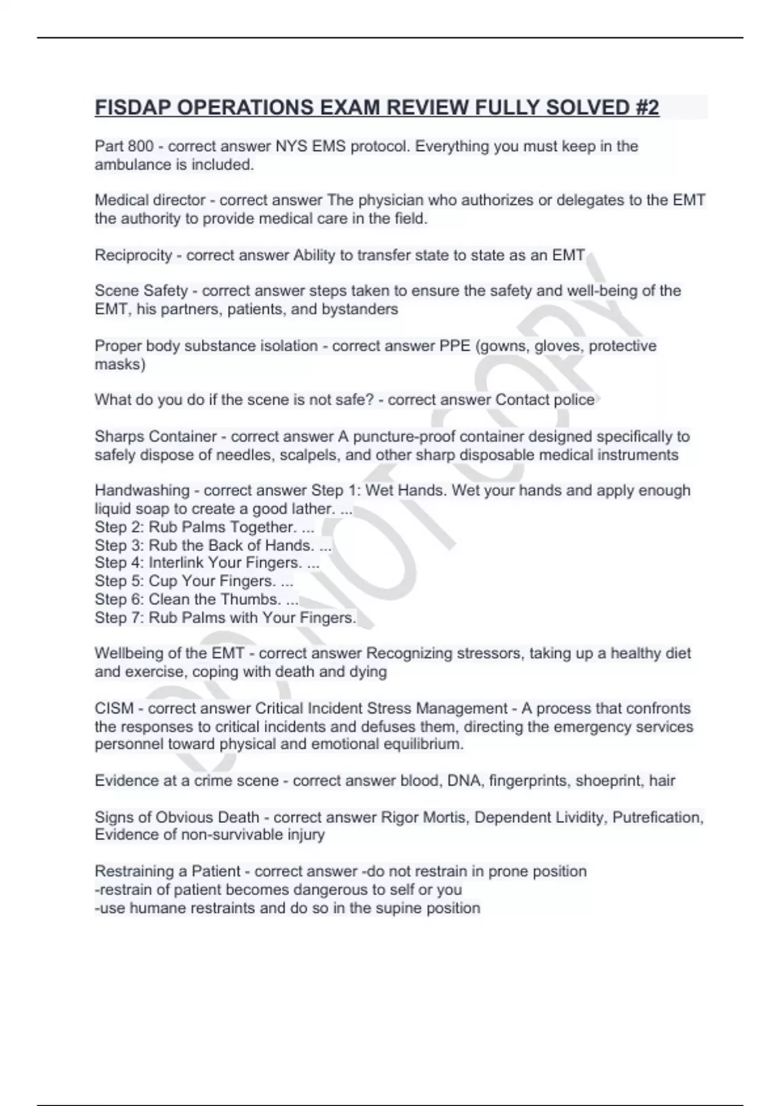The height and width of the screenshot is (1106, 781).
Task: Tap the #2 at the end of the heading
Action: tap(644, 107)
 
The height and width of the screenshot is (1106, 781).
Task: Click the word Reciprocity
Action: tap(133, 255)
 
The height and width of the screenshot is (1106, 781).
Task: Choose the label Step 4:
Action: tap(119, 563)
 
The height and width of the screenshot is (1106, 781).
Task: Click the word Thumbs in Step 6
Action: tap(251, 599)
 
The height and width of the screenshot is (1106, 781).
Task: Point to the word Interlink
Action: tap(176, 563)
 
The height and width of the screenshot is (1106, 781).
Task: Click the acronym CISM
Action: tap(114, 708)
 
